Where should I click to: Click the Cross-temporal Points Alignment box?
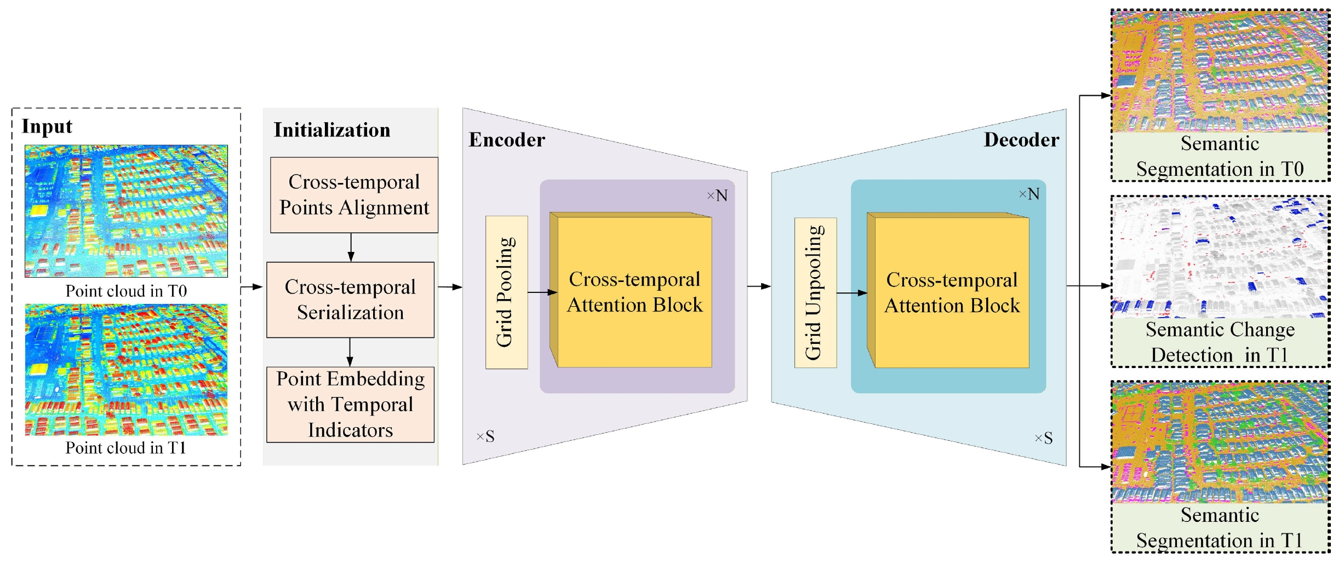click(x=354, y=195)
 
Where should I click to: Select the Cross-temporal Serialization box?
click(x=350, y=300)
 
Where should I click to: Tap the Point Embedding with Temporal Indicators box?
click(x=350, y=404)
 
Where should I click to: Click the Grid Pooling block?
click(x=506, y=292)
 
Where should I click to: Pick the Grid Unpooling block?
click(x=815, y=292)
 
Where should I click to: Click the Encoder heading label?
click(x=507, y=140)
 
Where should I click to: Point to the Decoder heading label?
click(x=1021, y=140)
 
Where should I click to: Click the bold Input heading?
click(x=47, y=127)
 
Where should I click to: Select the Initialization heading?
click(x=332, y=130)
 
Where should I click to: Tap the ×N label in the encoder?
click(x=717, y=196)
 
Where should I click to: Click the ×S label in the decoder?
click(x=1043, y=438)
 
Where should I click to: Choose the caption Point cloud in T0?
click(x=126, y=291)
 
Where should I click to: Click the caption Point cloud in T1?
click(x=126, y=448)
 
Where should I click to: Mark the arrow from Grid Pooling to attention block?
click(x=542, y=292)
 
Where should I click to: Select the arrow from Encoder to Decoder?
click(x=759, y=286)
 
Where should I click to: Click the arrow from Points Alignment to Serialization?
click(x=351, y=248)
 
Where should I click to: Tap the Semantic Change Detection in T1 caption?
click(x=1220, y=342)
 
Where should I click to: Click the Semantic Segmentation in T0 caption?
click(x=1220, y=157)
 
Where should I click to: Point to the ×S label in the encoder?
click(x=485, y=436)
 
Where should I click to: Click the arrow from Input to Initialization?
click(x=251, y=286)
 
